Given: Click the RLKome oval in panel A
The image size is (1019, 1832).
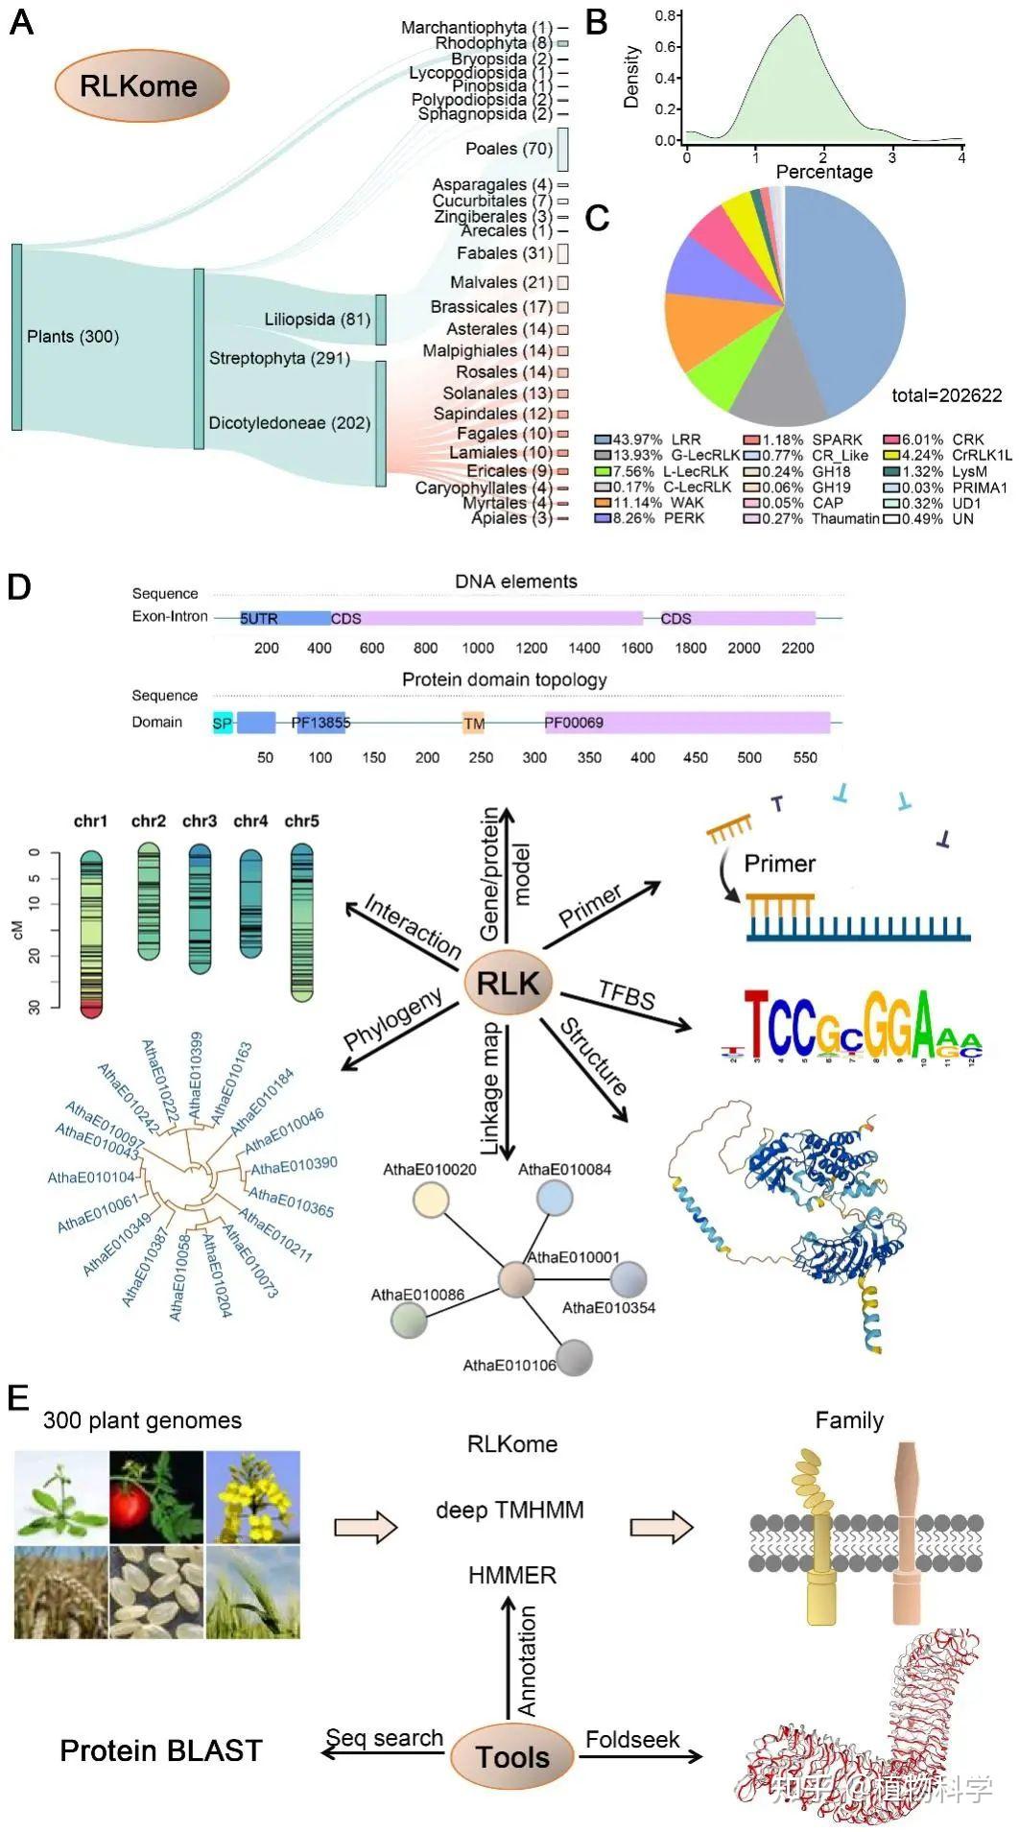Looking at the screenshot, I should point(141,86).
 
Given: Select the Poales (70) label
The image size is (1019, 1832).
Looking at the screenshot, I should point(509,149).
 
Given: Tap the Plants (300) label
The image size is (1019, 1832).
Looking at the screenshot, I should point(73,337).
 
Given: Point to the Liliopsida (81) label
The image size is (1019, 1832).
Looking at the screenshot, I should point(318,319).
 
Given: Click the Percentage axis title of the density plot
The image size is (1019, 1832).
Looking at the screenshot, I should point(824,172).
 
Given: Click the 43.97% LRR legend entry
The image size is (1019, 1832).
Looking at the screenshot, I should point(649,440).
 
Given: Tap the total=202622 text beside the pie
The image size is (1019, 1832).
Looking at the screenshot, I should point(946,395).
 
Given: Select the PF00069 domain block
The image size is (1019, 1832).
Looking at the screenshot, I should point(686,723).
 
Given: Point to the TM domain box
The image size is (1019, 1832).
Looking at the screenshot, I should point(474,724).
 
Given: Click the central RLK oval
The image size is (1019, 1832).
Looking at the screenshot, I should point(509,984).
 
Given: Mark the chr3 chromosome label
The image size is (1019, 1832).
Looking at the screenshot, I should point(200,821).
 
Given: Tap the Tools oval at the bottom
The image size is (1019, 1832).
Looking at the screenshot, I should point(512,1757).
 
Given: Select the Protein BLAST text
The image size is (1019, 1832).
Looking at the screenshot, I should point(161,1751).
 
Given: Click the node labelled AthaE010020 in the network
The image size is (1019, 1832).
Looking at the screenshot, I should point(430,1200).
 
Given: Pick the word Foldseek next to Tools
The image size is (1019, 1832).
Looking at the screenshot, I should point(632,1740).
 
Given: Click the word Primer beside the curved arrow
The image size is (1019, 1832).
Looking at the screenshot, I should point(779,864).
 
